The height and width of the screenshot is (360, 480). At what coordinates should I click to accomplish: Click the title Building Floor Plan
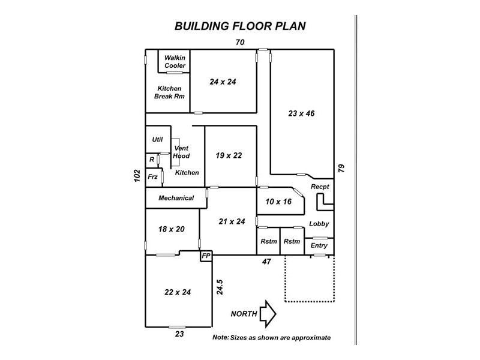point(240,26)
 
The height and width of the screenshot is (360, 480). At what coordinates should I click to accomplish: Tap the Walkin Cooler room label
point(175,61)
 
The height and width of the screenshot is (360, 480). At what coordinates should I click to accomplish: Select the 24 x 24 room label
point(223,82)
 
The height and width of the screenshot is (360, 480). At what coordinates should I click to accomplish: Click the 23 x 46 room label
point(301,113)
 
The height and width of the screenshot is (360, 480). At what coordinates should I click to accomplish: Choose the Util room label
point(157,139)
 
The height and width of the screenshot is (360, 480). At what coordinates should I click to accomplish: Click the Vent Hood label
point(181,152)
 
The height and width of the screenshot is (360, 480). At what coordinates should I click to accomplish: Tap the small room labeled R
point(152,160)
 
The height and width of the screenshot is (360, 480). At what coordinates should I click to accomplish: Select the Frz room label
point(152,176)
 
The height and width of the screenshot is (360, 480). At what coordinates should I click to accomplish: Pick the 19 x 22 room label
point(229,155)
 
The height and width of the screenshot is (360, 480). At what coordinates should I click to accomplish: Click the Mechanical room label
point(176,198)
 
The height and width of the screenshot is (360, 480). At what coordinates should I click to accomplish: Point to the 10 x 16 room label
point(278,202)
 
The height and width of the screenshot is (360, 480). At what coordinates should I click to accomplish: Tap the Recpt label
point(320,187)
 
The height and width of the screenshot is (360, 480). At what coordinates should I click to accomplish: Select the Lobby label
point(319,224)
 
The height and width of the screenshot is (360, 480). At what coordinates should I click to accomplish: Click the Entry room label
point(319,245)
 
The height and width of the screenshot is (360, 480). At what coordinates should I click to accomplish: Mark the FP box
point(206,256)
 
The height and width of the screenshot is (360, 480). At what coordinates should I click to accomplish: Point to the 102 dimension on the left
point(137,176)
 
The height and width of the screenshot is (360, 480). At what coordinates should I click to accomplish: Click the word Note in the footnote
point(220,338)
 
